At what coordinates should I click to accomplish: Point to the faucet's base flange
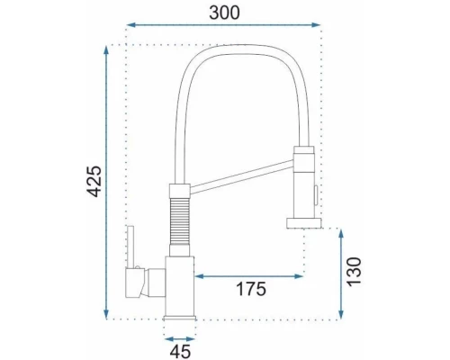(x=179, y=314)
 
